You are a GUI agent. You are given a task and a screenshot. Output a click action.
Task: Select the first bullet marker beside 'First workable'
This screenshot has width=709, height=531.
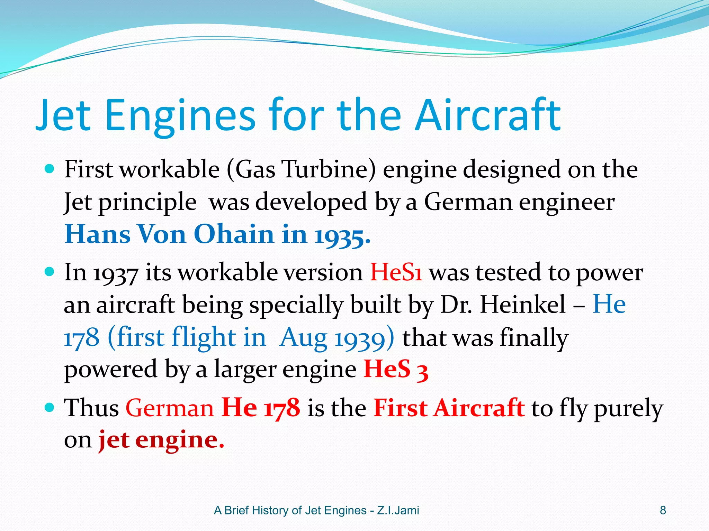click(x=50, y=169)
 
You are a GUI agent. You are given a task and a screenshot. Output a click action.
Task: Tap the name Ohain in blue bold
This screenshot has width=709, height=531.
click(x=234, y=234)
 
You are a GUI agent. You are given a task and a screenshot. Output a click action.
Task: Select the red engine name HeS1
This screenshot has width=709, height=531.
click(x=396, y=272)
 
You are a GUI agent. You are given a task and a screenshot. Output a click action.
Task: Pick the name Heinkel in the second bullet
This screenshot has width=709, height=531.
click(x=523, y=305)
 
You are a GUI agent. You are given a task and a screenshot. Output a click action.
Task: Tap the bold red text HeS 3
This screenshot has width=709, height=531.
click(x=396, y=369)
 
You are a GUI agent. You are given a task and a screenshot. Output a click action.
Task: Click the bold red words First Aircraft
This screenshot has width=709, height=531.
click(x=449, y=408)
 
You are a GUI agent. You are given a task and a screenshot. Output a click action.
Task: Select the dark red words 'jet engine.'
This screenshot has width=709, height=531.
click(x=161, y=440)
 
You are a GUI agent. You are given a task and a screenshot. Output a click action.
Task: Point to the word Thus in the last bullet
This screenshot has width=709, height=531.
click(x=91, y=408)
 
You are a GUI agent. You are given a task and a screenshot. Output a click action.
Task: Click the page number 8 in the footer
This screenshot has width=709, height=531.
click(x=663, y=510)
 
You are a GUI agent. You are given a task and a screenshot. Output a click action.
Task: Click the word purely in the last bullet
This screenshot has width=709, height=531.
click(x=628, y=409)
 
